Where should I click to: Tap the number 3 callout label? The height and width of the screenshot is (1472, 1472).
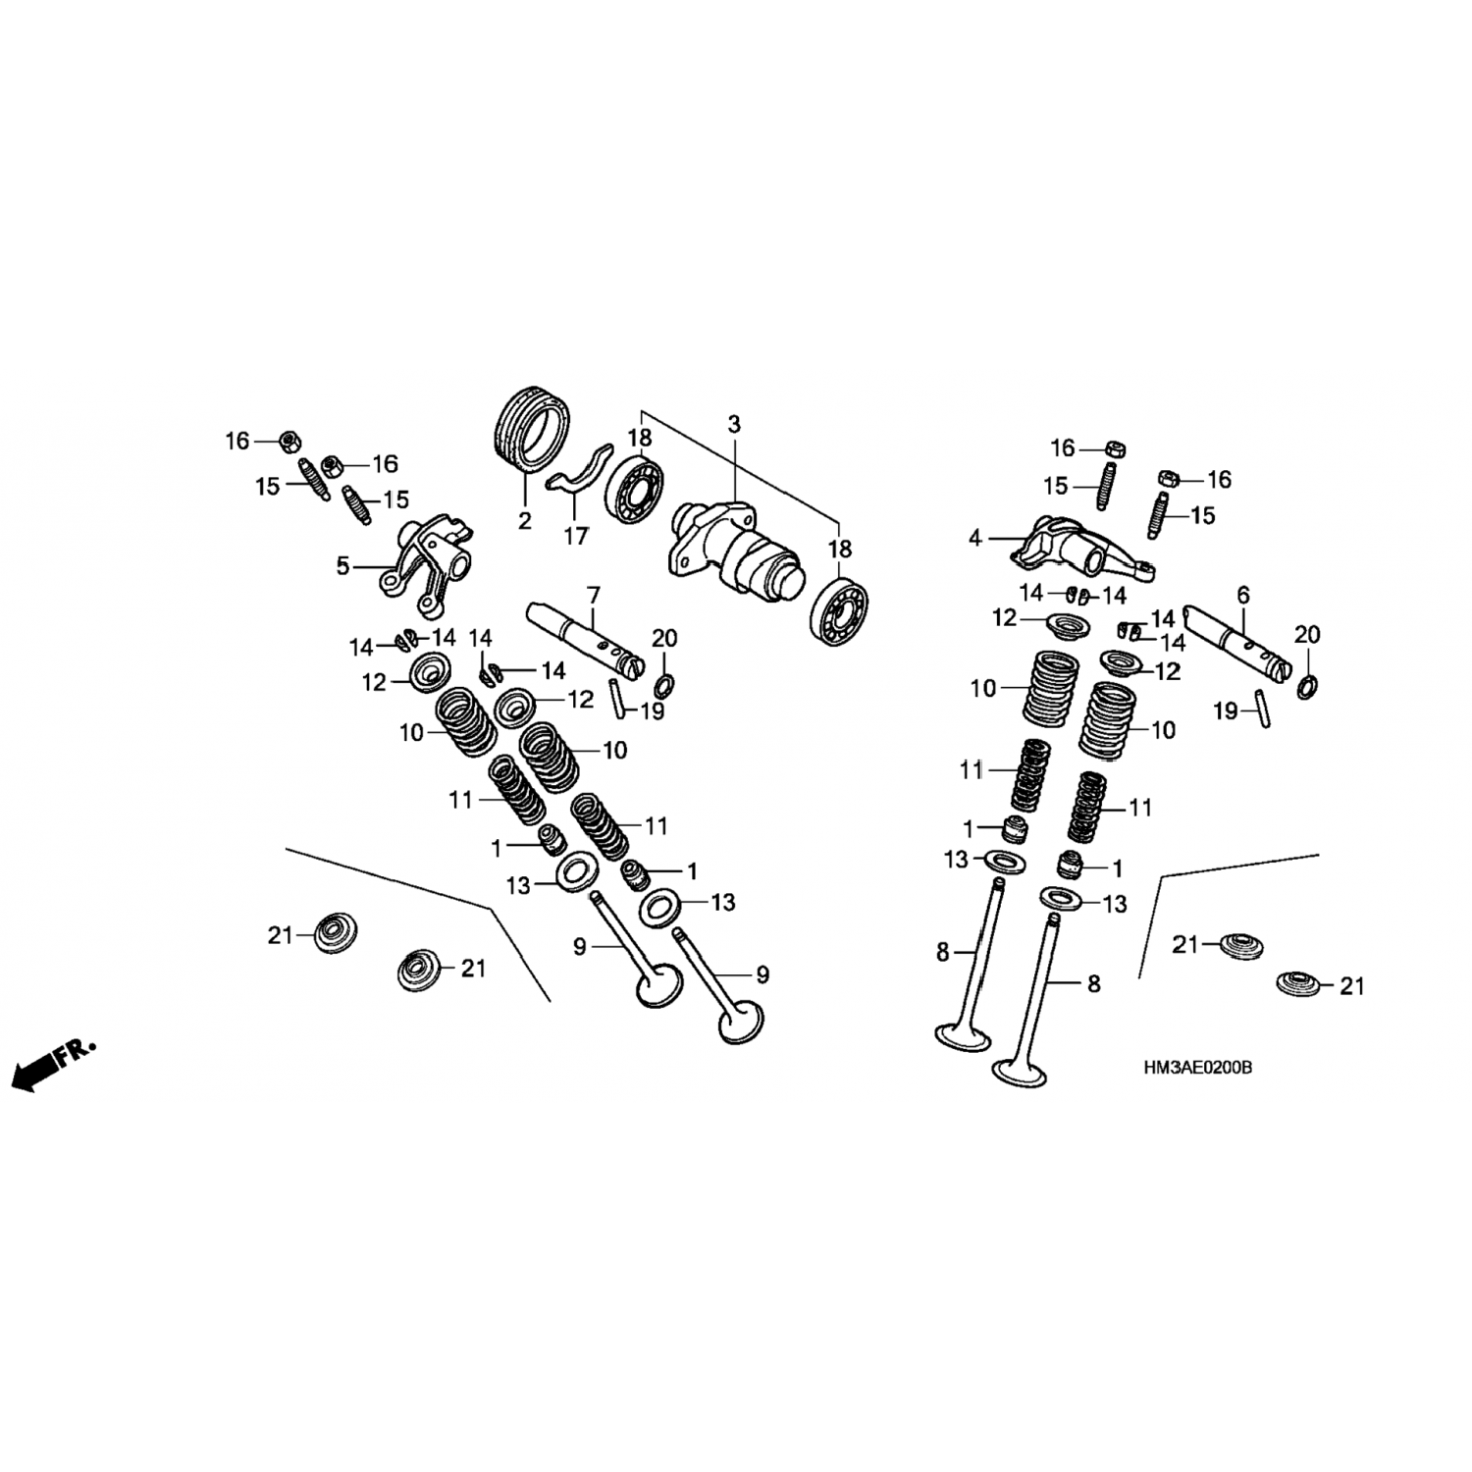734,425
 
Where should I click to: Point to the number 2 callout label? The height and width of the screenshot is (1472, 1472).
525,520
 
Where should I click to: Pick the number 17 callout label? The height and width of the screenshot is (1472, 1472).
576,536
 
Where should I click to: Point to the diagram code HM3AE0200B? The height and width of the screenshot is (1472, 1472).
1196,1067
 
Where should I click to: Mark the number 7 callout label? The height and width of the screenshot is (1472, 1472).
593,595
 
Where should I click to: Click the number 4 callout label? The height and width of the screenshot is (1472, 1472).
974,538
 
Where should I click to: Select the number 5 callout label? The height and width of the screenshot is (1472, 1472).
342,566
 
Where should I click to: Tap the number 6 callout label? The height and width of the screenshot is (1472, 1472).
1243,595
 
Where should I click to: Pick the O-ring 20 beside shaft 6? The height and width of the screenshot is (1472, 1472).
1307,687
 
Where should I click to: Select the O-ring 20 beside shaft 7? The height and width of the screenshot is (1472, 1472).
662,686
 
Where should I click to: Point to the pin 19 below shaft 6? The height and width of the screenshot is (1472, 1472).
1263,709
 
